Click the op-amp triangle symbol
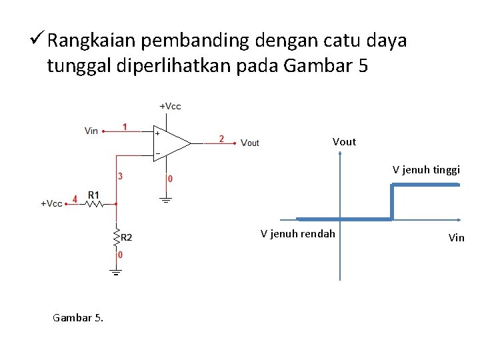(x=171, y=143)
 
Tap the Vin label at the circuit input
(x=91, y=131)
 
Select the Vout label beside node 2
(x=250, y=143)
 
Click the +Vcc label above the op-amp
(x=170, y=106)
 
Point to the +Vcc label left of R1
(x=51, y=203)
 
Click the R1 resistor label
(x=93, y=195)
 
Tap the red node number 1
(x=125, y=127)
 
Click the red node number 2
(x=221, y=139)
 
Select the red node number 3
(x=120, y=177)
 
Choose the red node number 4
(x=75, y=199)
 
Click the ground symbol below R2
(x=115, y=271)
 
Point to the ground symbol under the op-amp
(x=165, y=199)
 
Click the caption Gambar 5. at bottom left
(x=78, y=318)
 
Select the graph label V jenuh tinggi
(x=426, y=169)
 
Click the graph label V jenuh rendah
(x=298, y=233)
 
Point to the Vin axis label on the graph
(x=457, y=237)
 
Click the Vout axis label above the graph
(x=344, y=141)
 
